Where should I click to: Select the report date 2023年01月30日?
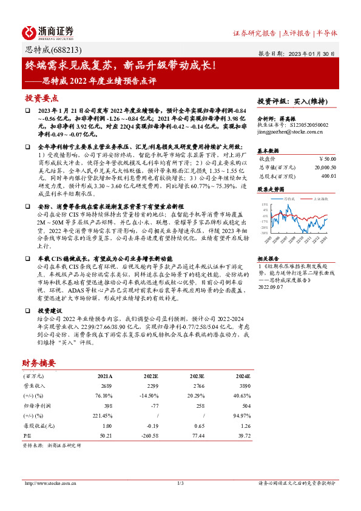[315, 53]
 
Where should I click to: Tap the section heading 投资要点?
[41, 98]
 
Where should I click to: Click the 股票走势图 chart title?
[271, 189]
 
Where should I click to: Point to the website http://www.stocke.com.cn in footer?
[50, 483]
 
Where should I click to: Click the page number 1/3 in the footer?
[180, 483]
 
